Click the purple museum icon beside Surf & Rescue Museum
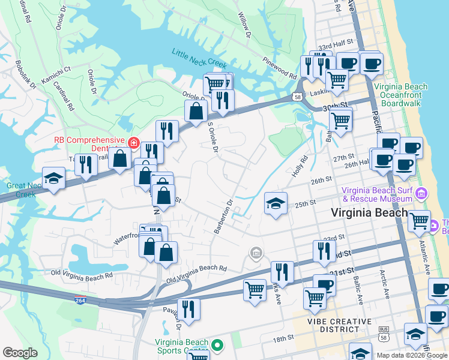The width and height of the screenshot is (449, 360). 421,194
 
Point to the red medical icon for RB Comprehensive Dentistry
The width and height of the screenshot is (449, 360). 133,143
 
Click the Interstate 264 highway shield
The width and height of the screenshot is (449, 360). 80,299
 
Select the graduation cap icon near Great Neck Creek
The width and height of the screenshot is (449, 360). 54,178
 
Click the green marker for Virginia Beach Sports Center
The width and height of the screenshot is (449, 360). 218,346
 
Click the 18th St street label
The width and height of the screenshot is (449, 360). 282,339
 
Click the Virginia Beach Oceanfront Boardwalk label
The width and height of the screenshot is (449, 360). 401,95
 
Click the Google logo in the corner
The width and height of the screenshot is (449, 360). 20,353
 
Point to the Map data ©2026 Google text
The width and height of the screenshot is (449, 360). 411,355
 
